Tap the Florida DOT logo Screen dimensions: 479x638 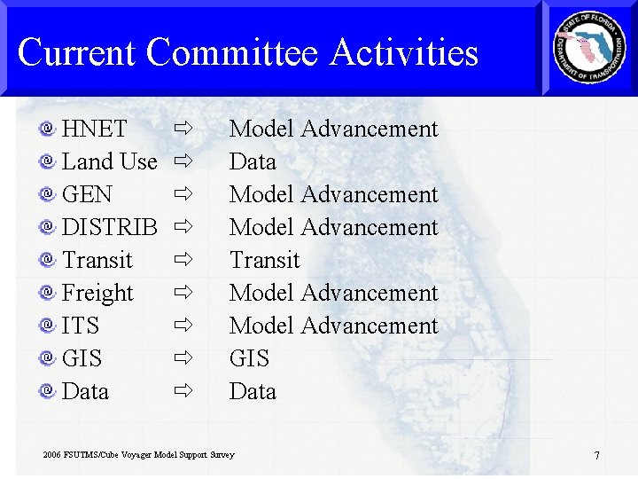click(589, 49)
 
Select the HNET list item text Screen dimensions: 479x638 click(94, 130)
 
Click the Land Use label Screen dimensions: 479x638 click(109, 162)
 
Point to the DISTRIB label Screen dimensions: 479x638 click(109, 228)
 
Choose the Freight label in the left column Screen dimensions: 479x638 click(97, 294)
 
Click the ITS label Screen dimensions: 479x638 click(81, 326)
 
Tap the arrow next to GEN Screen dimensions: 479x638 click(183, 194)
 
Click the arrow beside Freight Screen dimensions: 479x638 click(183, 293)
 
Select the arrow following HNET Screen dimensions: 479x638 click(183, 129)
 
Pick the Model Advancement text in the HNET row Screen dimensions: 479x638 click(333, 130)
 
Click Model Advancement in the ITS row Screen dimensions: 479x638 click(333, 326)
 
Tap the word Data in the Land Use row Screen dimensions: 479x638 click(253, 162)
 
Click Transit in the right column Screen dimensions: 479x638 click(264, 261)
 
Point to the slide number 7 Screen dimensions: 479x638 click(596, 456)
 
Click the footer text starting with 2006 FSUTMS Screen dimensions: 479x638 click(138, 455)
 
